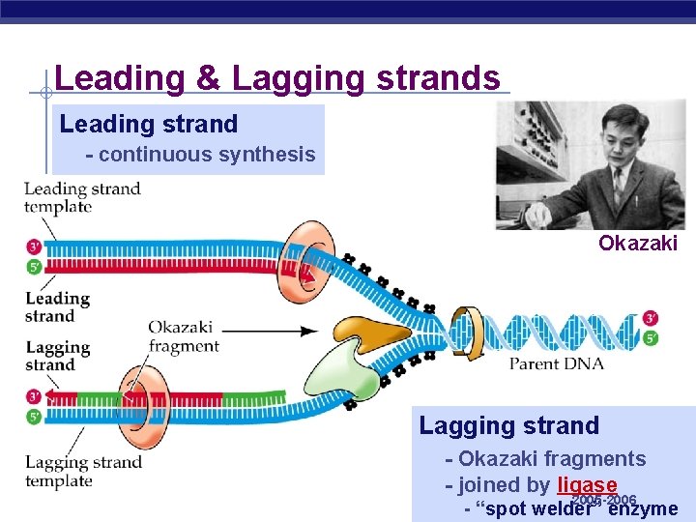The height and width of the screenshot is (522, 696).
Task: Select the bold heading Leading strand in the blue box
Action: tap(148, 124)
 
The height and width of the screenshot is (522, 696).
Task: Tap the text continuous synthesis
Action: tap(200, 155)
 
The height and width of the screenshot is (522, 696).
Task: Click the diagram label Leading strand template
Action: tap(82, 197)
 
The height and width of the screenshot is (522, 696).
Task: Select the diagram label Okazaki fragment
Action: tap(184, 336)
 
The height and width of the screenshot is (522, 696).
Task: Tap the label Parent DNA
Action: tap(557, 363)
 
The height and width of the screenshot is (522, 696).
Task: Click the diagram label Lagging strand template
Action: tap(83, 471)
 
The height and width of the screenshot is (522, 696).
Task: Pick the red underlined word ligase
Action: tap(587, 485)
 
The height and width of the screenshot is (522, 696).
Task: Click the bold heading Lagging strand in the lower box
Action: tap(508, 425)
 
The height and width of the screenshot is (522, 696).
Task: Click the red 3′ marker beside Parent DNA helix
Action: tap(650, 318)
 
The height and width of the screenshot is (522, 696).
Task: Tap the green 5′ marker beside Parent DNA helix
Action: tap(650, 338)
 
